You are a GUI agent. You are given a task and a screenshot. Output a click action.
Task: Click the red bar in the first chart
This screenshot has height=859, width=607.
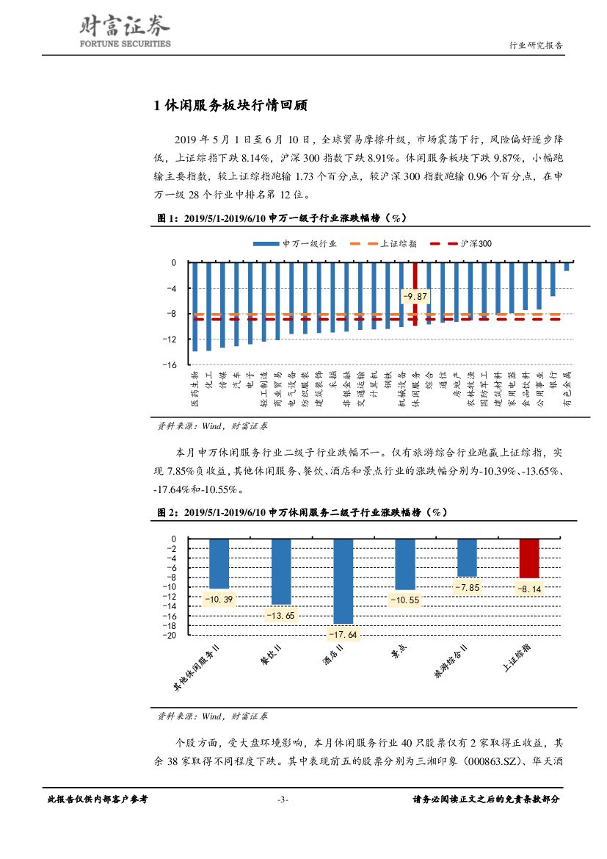[x=415, y=293]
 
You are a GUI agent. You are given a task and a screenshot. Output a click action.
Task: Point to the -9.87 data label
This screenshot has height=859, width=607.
[x=414, y=296]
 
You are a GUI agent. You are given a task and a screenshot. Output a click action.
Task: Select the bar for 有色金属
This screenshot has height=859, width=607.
[x=567, y=267]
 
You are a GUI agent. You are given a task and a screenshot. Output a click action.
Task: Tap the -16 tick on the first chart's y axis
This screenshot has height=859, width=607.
[x=172, y=364]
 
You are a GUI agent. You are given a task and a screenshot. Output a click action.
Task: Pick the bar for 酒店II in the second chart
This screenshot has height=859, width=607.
[x=343, y=581]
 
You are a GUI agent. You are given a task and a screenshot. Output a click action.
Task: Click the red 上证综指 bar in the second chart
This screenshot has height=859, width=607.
[x=528, y=558]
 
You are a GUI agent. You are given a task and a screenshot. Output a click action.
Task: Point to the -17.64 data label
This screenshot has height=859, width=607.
[x=343, y=634]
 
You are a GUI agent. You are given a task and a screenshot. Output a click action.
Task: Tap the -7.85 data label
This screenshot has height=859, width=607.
[x=467, y=588]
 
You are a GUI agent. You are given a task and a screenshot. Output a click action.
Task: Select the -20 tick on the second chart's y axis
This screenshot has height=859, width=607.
[x=172, y=635]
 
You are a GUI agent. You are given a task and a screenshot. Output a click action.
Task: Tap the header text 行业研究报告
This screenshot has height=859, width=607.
[x=536, y=45]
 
